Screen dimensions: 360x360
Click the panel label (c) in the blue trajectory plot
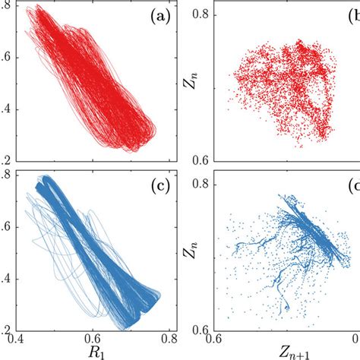point(153,187)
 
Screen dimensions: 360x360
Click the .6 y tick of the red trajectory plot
point(5,57)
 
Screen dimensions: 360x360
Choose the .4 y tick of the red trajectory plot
point(5,108)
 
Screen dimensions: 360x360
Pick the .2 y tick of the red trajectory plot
point(5,159)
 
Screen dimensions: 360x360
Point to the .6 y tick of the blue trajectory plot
point(5,228)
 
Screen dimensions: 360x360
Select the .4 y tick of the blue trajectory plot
point(5,279)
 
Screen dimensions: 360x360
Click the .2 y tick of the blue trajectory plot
point(5,329)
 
